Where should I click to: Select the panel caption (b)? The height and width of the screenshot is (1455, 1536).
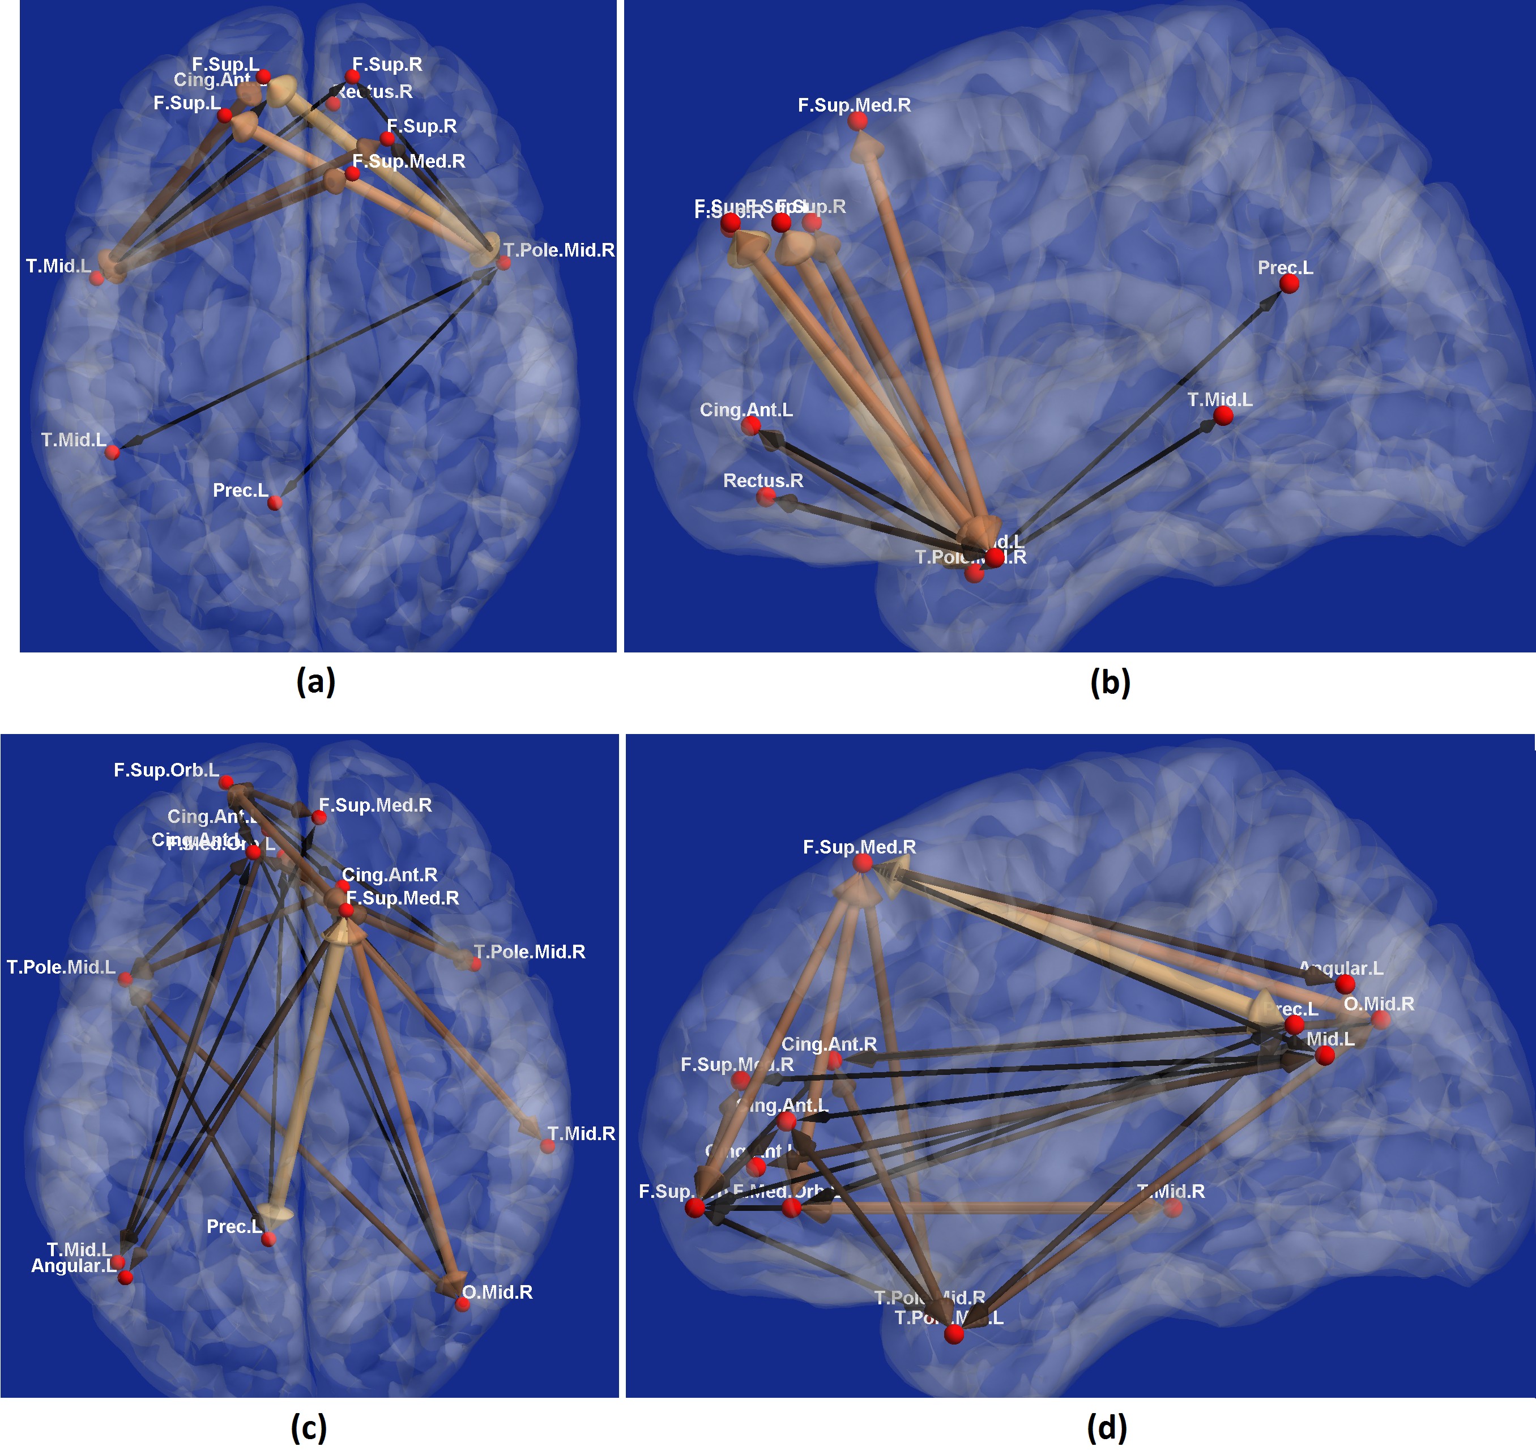pyautogui.click(x=1110, y=682)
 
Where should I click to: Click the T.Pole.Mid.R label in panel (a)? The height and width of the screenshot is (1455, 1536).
pyautogui.click(x=558, y=250)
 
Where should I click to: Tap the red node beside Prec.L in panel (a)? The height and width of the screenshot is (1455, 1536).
pyautogui.click(x=275, y=504)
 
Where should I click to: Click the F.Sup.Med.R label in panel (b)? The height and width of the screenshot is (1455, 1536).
pyautogui.click(x=854, y=105)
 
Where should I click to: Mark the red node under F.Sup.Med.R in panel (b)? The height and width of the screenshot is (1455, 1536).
pyautogui.click(x=857, y=121)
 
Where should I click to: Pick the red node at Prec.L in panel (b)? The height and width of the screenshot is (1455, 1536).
pyautogui.click(x=1289, y=284)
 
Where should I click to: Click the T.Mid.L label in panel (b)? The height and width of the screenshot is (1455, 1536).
pyautogui.click(x=1219, y=399)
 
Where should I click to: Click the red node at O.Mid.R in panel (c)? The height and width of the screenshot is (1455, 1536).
pyautogui.click(x=462, y=1304)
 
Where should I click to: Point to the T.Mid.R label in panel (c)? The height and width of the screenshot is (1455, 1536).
pyautogui.click(x=581, y=1133)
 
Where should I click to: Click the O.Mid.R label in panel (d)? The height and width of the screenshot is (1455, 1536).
pyautogui.click(x=1379, y=1004)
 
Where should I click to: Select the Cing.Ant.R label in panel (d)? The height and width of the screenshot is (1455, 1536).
pyautogui.click(x=829, y=1044)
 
